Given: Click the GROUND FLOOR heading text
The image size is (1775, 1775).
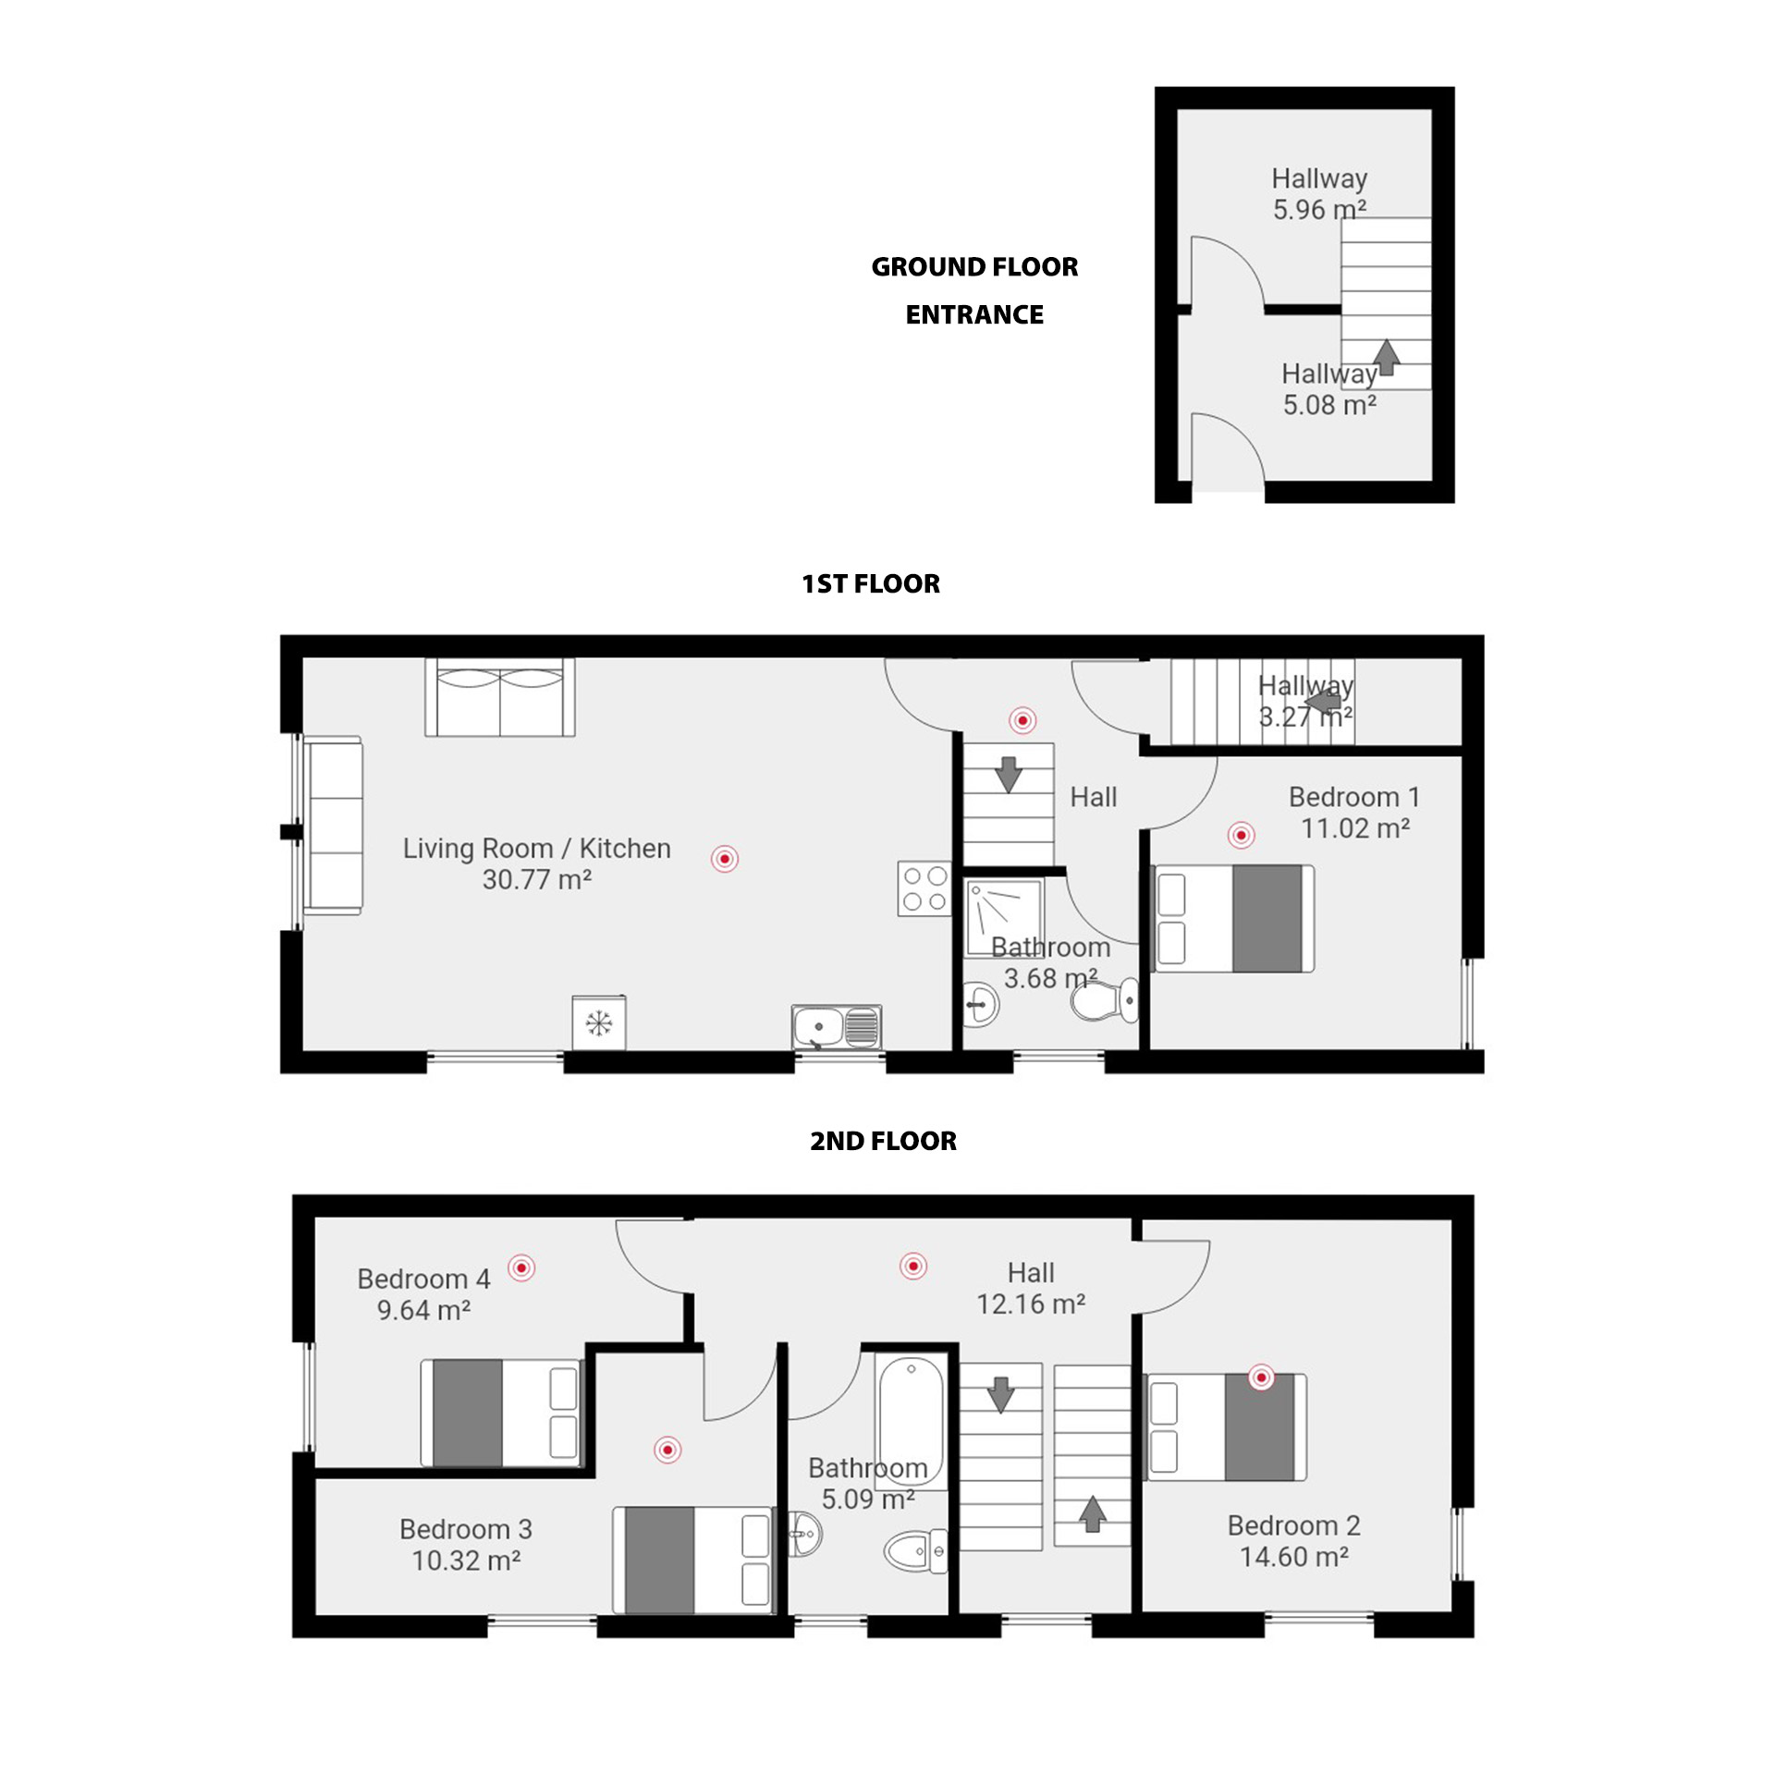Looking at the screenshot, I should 974,267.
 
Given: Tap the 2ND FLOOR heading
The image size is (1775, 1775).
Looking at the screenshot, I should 883,1141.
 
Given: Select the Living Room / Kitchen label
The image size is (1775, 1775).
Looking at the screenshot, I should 536,848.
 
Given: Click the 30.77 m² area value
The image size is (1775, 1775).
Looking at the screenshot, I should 536,879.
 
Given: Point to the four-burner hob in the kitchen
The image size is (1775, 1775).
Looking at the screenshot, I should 924,888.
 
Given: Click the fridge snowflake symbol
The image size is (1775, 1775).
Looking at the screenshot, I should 599,1022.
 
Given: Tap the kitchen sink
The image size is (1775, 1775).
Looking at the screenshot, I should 836,1027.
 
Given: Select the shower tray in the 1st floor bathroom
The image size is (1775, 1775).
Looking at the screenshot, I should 1004,918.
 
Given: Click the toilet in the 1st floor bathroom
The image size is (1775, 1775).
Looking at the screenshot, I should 1105,1000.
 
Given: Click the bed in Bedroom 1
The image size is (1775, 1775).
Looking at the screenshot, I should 1234,918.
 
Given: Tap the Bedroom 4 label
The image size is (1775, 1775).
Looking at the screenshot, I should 423,1279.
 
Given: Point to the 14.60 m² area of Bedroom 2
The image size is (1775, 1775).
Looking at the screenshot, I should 1293,1557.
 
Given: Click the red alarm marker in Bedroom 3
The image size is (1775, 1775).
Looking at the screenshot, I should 667,1450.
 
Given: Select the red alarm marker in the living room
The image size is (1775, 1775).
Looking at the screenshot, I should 725,859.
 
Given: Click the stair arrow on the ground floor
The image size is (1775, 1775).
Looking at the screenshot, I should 1385,357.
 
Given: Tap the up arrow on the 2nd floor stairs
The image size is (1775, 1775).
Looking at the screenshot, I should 1093,1513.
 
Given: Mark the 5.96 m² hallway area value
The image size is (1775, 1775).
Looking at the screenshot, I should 1319,210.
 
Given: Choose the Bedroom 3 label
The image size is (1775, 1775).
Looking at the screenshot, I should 466,1529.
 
